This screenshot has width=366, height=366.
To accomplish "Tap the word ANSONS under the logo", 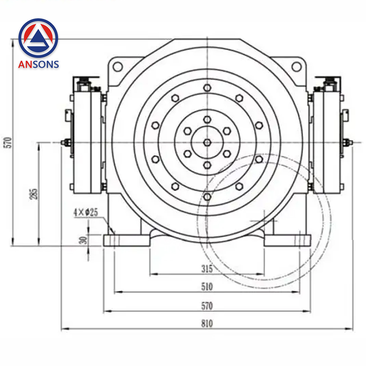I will tap(38, 64).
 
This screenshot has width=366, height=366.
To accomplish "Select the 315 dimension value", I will tap(207, 269).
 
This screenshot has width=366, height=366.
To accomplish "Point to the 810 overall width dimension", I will tap(207, 324).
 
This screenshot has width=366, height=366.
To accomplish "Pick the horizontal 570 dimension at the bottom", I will tap(207, 306).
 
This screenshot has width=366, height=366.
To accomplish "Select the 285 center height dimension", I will tap(34, 194).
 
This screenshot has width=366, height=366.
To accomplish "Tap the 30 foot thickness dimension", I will tap(84, 240).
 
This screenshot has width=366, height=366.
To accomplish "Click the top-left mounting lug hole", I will tap(117, 67).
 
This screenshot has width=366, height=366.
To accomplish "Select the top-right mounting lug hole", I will tap(296, 67).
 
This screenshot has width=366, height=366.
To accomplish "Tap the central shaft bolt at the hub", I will tap(207, 142).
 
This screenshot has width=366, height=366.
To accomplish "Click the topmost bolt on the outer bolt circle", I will tap(207, 87).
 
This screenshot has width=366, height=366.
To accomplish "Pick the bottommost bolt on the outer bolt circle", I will tap(207, 197).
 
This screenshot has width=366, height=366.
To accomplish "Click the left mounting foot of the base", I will tap(126, 240).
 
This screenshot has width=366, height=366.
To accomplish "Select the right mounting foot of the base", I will tap(287, 240).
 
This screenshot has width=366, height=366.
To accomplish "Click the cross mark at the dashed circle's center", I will tap(263, 221).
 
